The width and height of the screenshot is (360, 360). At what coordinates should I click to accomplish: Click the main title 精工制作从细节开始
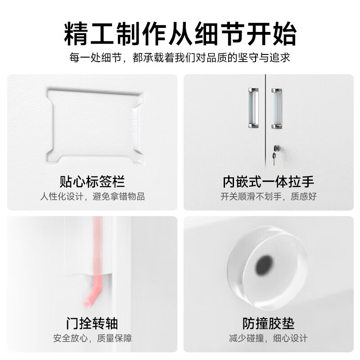click(x=180, y=34)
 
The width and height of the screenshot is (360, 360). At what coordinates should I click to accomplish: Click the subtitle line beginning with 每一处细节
click(x=180, y=58)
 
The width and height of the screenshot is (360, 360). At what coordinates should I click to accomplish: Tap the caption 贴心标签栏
click(x=92, y=182)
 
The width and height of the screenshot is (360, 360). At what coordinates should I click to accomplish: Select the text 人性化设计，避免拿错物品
click(x=92, y=197)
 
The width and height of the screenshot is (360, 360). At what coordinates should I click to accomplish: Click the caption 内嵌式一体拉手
click(x=268, y=182)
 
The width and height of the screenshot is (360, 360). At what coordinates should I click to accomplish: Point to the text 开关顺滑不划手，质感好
click(x=268, y=197)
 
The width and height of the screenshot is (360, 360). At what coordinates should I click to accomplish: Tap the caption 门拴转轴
click(x=92, y=323)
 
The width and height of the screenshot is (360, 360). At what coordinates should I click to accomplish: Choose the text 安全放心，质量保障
click(x=92, y=338)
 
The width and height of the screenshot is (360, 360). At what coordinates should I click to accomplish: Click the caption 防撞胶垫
click(x=268, y=323)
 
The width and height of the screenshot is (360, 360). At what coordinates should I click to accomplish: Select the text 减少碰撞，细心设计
click(x=268, y=338)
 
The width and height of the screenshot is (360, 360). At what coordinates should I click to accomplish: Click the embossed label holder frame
click(x=95, y=125)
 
